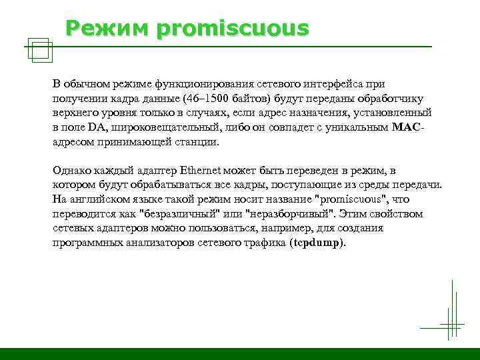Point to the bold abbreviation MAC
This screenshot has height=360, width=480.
coord(407,127)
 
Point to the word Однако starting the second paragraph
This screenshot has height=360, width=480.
coord(72,171)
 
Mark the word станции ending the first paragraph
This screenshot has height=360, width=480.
coord(197,141)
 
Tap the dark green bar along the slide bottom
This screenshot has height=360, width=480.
coord(240,353)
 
